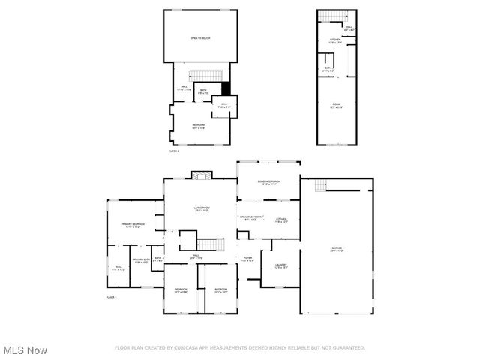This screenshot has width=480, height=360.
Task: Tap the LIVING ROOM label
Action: click(x=202, y=208)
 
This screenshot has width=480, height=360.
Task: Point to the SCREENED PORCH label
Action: click(x=268, y=182)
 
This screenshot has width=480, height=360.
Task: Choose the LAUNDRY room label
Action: click(x=281, y=265)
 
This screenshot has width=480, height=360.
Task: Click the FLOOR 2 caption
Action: click(x=174, y=151)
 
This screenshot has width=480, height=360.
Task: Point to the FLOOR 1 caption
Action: click(x=112, y=298)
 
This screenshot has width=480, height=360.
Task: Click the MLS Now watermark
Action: click(x=25, y=350)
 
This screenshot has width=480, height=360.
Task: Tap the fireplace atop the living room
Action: click(x=199, y=175)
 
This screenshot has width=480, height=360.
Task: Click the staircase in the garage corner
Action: click(x=321, y=185)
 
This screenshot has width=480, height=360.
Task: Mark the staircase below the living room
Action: click(x=210, y=244)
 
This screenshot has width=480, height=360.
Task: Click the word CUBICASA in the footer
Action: click(x=190, y=348)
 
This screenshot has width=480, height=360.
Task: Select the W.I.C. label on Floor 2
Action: click(x=223, y=106)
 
